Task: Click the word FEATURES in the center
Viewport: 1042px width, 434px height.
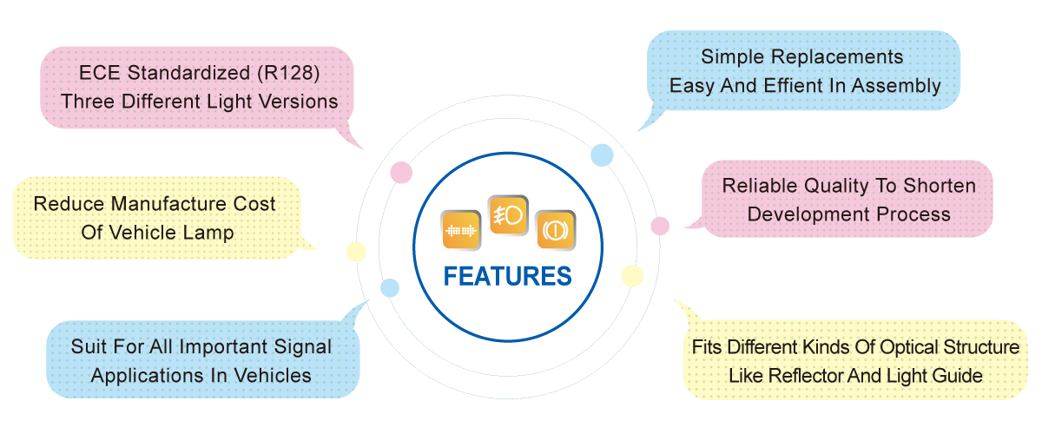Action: (x=508, y=276)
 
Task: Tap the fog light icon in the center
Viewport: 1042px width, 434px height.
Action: (x=507, y=214)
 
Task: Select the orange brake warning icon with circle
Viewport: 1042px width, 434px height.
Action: (x=555, y=231)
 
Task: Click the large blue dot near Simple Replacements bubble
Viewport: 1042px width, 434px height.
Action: (x=602, y=155)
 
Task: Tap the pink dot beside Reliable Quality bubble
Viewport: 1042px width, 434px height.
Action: (x=660, y=226)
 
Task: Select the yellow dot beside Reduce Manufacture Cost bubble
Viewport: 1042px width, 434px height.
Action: (x=355, y=252)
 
